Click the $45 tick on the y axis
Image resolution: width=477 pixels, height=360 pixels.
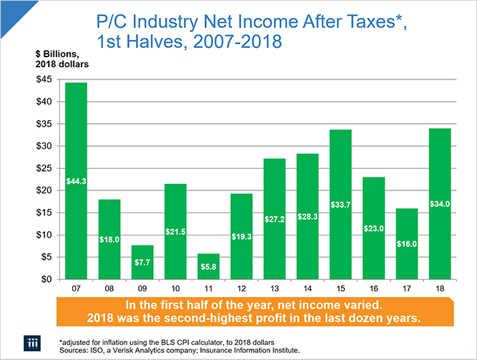point(44,79)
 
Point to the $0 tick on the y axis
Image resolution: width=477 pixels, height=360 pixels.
point(47,279)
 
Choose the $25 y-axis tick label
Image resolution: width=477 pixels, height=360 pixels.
point(44,168)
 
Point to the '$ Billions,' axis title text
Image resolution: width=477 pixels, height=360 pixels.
point(54,54)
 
